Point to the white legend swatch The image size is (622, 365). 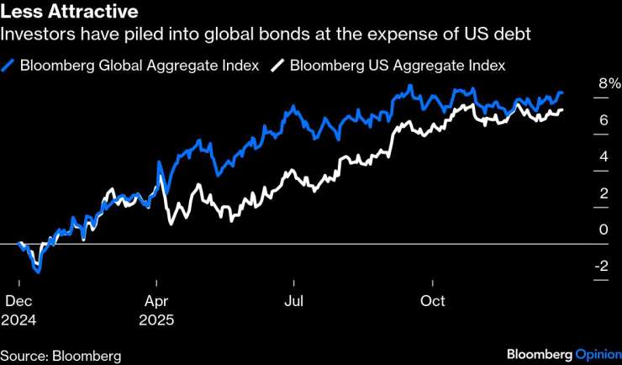(x=277, y=65)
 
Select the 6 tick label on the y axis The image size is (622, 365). (x=603, y=120)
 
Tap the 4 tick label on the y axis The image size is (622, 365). (x=603, y=156)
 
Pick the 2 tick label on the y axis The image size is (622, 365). (x=603, y=193)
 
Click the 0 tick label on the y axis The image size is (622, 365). (x=603, y=230)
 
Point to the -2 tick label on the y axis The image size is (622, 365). (x=600, y=267)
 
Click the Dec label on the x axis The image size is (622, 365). (x=18, y=300)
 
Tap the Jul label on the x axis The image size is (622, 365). (x=293, y=300)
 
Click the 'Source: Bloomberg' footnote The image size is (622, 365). (x=61, y=355)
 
